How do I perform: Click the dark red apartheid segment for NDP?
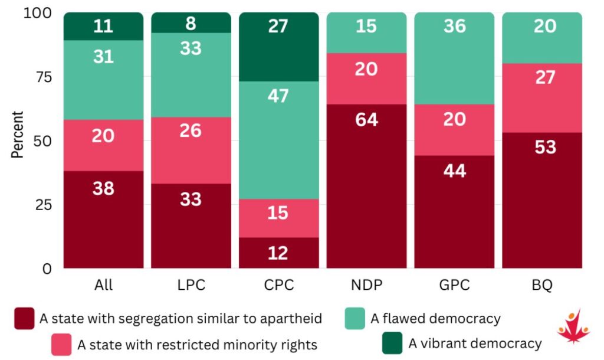(366, 186)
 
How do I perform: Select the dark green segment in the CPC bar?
(279, 47)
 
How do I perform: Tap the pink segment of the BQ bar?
(542, 98)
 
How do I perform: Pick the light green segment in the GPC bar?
(454, 58)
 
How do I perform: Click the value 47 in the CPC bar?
(278, 96)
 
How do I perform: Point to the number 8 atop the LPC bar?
(191, 24)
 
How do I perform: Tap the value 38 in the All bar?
(103, 188)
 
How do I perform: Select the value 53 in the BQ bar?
(546, 147)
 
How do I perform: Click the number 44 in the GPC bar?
(455, 171)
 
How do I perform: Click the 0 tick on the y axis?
(47, 269)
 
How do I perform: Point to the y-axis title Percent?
(17, 135)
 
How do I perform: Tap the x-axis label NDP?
(367, 285)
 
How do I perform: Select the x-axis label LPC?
(192, 285)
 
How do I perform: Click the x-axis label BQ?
(543, 285)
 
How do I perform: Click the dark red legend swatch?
(24, 318)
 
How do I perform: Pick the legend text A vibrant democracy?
(475, 343)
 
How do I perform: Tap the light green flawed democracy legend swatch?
(354, 318)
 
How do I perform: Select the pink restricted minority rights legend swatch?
(61, 344)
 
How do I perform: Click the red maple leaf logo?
(573, 326)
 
